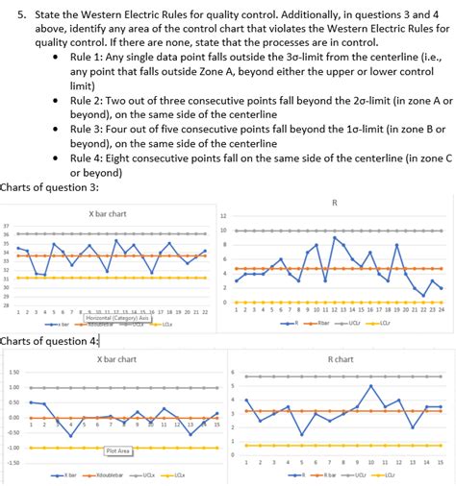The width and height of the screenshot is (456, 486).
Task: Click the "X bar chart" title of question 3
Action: point(108,213)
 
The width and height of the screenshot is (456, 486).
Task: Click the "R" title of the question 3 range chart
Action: point(334,203)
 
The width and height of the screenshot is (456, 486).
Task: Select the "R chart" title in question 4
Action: point(340,358)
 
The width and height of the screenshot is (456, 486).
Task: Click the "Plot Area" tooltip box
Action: point(117,450)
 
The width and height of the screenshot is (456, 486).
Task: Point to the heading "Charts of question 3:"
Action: point(49,186)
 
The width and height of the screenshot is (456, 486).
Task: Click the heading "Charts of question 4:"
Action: point(49,341)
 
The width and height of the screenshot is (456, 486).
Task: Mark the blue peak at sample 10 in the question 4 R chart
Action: point(370,386)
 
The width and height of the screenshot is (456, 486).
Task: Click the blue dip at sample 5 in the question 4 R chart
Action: point(301,434)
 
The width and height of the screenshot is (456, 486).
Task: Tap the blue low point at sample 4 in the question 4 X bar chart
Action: point(70,435)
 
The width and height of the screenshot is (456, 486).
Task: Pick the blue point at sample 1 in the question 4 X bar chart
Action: point(31,402)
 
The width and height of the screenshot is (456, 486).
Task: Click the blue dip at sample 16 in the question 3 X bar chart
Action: point(152,272)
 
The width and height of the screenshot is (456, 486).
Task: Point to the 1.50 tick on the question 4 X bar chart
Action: point(13,373)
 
